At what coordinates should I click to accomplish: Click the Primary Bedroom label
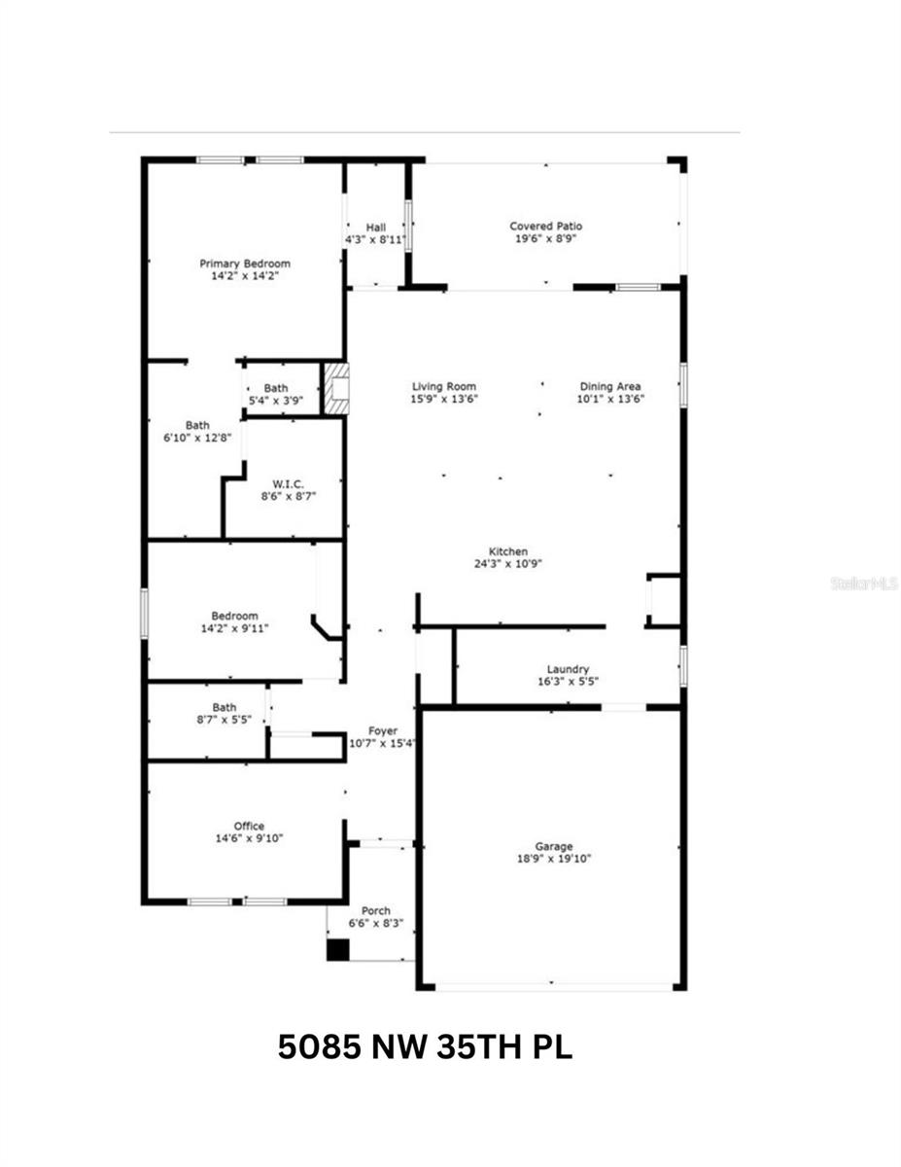245,264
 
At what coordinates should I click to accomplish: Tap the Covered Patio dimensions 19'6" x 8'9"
546,238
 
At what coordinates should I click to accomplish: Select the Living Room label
444,386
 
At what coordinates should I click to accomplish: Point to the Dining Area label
610,386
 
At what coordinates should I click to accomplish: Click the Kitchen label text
508,551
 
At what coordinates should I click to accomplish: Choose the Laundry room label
568,669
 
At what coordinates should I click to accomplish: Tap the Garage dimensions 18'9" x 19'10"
554,859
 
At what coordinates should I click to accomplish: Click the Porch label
375,911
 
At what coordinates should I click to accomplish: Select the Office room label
249,827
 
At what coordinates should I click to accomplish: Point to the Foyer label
382,731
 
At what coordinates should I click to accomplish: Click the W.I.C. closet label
288,483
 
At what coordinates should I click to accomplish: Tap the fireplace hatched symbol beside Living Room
335,389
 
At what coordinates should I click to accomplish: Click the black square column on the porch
336,950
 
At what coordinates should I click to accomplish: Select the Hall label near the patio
375,227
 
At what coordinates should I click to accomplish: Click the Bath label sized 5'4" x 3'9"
275,389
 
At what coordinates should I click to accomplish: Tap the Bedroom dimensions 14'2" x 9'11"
234,628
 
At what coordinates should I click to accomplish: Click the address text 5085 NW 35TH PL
425,1047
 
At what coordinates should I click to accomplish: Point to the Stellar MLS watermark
864,583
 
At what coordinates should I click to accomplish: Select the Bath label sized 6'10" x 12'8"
198,425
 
